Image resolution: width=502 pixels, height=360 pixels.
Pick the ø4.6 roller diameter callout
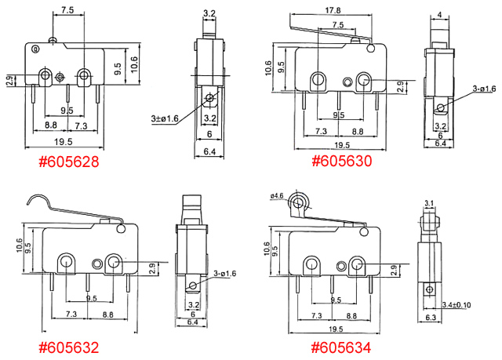tap(275, 195)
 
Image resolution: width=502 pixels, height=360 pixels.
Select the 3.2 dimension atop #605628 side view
tap(209, 13)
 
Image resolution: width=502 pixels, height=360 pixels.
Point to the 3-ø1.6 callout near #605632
tap(225, 273)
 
